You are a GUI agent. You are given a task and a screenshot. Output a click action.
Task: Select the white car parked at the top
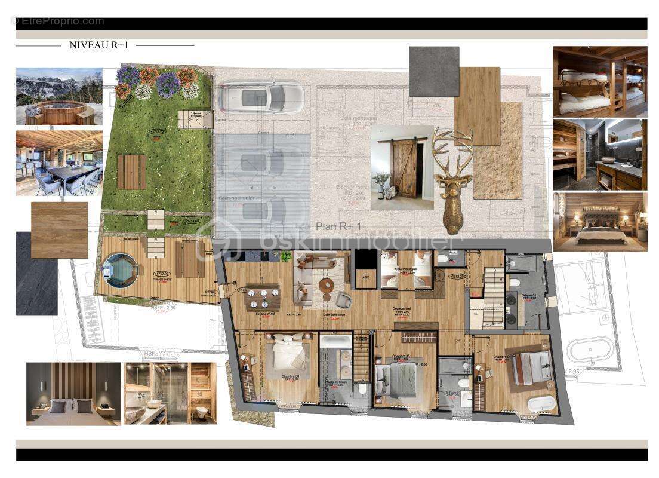pyautogui.click(x=261, y=96)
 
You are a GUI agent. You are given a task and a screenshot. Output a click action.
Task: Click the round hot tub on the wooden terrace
pyautogui.click(x=120, y=271)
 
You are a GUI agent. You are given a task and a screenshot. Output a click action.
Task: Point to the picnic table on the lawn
pyautogui.click(x=131, y=172)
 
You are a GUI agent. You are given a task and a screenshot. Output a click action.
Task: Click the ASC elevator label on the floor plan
pyautogui.click(x=362, y=277)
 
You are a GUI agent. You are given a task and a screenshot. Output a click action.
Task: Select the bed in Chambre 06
pyautogui.click(x=290, y=355)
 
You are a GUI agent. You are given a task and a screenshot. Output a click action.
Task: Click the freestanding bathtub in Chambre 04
pyautogui.click(x=541, y=403)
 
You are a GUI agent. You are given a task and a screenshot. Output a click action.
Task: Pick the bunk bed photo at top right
pyautogui.click(x=599, y=81)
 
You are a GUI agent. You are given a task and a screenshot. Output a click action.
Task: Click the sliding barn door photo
pyautogui.click(x=402, y=167)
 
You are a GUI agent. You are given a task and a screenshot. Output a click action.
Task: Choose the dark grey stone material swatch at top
pyautogui.click(x=434, y=71)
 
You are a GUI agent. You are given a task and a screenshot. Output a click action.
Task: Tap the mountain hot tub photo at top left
pyautogui.click(x=59, y=96)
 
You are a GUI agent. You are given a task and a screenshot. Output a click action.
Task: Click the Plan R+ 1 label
pyautogui.click(x=341, y=226)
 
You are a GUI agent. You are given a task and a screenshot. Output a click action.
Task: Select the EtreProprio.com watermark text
pyautogui.click(x=58, y=21)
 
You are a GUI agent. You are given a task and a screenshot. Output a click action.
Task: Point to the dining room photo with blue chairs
pyautogui.click(x=59, y=163)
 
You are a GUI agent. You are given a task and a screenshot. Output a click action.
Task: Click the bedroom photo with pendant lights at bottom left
pyautogui.click(x=73, y=393)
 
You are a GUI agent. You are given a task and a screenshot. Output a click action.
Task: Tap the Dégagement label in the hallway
pyautogui.click(x=403, y=308)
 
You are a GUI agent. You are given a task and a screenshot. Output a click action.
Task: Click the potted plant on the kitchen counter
pyautogui.click(x=285, y=256)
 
